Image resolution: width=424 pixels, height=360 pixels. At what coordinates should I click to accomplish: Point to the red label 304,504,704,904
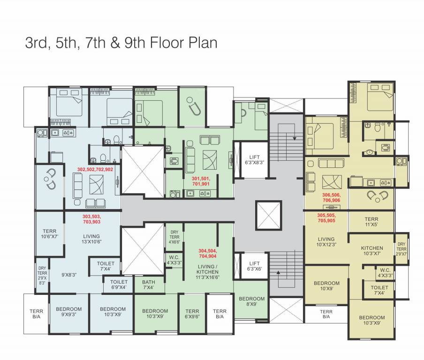(207, 254)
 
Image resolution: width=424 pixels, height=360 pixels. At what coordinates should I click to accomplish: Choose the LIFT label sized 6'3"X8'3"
(254, 160)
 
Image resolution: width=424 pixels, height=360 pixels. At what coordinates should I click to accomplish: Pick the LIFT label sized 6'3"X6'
(254, 266)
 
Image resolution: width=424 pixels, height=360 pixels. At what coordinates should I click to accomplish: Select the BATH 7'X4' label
(149, 285)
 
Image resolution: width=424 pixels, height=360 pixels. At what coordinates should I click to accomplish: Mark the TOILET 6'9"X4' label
(119, 285)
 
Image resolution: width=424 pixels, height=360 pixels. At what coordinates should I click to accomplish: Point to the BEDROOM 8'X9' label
(251, 301)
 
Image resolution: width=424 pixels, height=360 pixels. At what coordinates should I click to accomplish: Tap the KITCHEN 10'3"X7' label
(372, 250)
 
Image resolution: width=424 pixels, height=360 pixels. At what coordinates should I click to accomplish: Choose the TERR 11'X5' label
(371, 222)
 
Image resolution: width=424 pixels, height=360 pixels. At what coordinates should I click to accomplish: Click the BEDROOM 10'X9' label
(326, 286)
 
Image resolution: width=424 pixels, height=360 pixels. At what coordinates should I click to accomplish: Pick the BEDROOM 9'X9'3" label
(69, 312)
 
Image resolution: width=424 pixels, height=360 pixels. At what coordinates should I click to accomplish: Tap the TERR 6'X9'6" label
(192, 314)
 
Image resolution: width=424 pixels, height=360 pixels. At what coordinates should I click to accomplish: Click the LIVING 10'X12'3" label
(326, 242)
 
